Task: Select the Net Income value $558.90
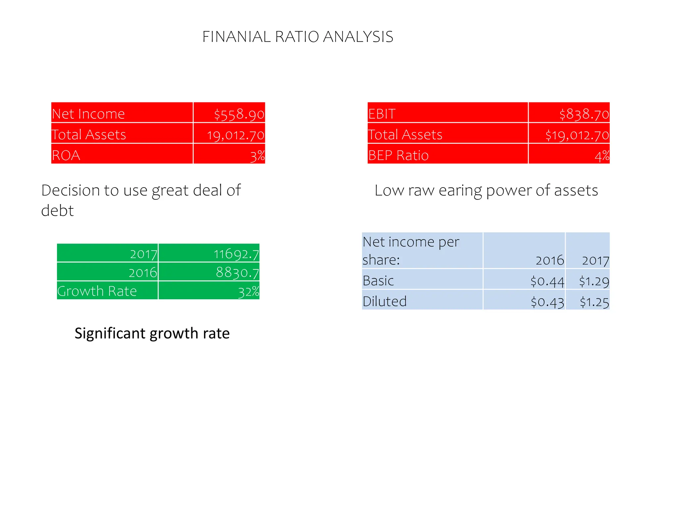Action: pos(239,114)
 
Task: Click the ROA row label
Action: pos(66,155)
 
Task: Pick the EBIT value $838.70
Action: pos(584,114)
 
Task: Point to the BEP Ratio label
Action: pos(398,155)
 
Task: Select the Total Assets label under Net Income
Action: pos(89,135)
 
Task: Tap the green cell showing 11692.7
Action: pos(236,254)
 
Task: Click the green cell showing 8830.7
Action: pos(237,273)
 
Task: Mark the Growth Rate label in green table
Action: pos(97,291)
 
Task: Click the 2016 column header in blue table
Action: pos(550,260)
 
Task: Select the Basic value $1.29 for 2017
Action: pos(594,281)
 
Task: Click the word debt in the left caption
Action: pos(57,211)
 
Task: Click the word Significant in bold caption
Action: pos(110,333)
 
